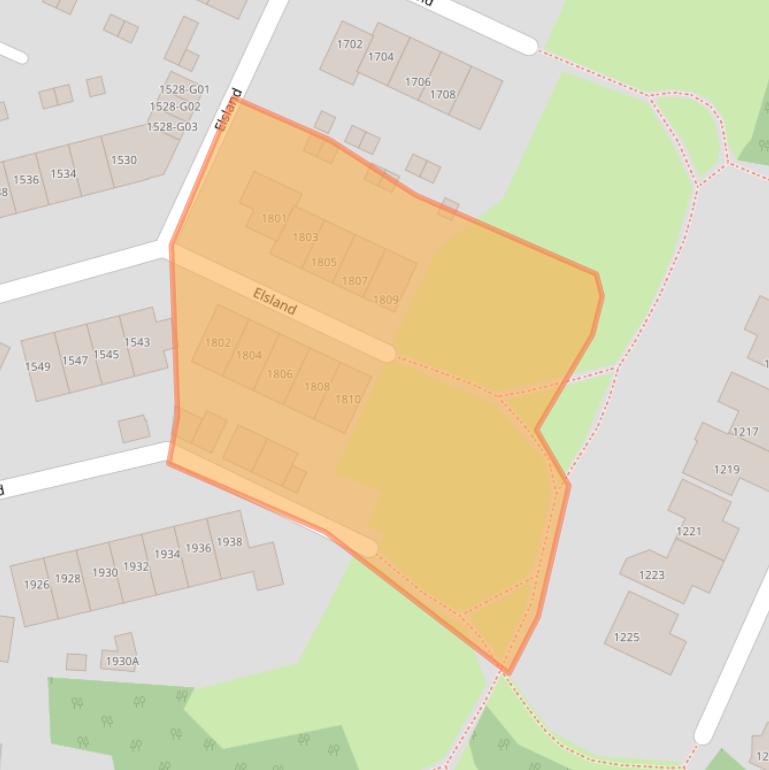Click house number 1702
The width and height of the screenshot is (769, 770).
click(349, 44)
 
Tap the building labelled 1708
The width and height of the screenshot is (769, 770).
click(442, 95)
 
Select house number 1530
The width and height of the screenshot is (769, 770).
click(124, 160)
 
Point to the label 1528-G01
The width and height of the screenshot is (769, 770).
click(184, 90)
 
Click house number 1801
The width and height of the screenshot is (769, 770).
click(273, 218)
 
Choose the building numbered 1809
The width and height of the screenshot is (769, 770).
click(385, 300)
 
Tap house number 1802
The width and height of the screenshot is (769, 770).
click(217, 343)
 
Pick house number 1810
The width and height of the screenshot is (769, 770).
click(348, 400)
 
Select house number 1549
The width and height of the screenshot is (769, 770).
click(37, 367)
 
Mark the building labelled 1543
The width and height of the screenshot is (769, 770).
click(137, 342)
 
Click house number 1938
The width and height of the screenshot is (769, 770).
click(229, 542)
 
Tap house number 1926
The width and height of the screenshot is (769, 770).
click(36, 585)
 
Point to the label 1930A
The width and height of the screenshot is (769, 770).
click(122, 661)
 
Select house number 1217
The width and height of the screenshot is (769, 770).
click(745, 432)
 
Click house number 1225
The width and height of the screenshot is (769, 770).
click(626, 637)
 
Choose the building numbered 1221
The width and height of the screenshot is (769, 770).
click(689, 531)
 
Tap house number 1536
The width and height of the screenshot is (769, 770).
click(26, 180)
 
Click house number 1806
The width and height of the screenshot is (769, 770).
click(280, 374)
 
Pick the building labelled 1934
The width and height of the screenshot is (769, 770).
click(167, 555)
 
